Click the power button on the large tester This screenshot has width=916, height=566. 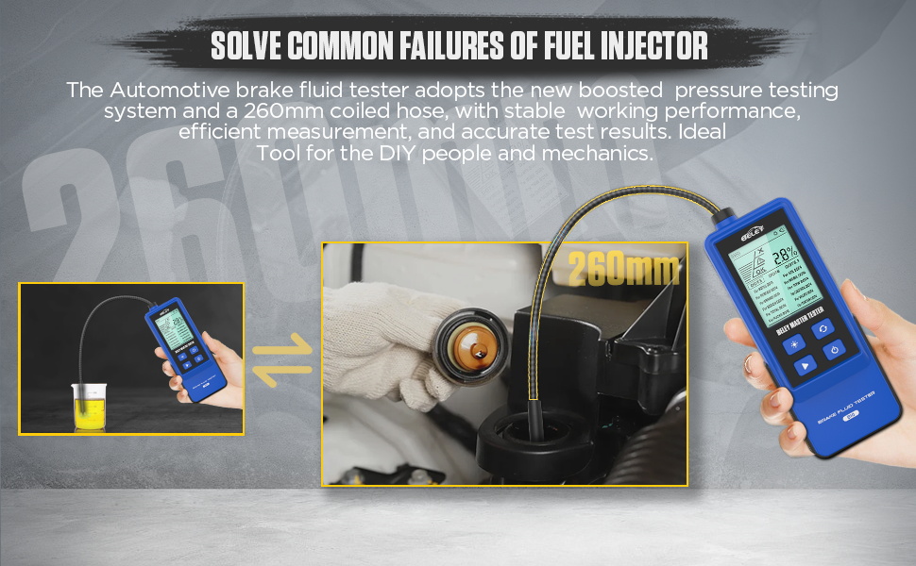(834, 351)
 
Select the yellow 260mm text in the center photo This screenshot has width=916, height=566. (622, 270)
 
